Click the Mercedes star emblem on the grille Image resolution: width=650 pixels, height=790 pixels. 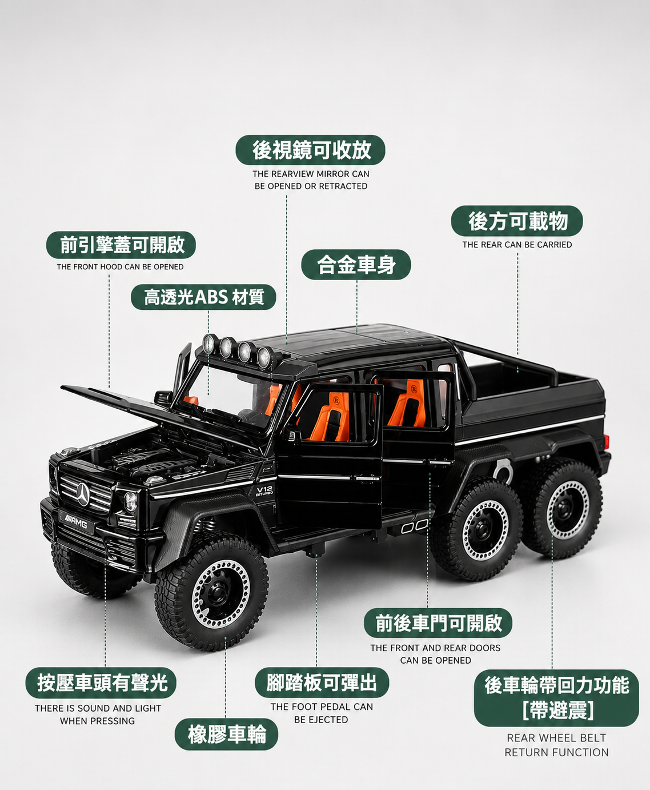(x=83, y=494)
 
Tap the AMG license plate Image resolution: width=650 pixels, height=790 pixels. (x=75, y=523)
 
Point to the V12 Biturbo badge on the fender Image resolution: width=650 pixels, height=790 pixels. (x=264, y=492)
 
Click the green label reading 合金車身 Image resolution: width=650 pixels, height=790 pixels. (x=356, y=265)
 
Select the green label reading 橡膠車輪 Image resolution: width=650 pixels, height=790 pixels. (x=226, y=735)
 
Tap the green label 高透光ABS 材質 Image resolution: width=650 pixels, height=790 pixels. (x=203, y=297)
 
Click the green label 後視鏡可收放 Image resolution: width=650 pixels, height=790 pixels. (x=311, y=150)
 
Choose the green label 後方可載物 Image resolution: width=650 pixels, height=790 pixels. (x=517, y=221)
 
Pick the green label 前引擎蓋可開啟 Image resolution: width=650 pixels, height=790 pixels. (x=121, y=245)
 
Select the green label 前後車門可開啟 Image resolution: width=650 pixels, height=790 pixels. (x=438, y=623)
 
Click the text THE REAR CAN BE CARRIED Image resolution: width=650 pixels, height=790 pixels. (x=517, y=245)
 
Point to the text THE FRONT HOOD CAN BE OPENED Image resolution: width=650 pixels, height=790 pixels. (x=121, y=267)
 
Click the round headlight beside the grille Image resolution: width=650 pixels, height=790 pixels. (x=130, y=502)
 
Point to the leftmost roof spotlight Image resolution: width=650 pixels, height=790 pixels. (x=210, y=344)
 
